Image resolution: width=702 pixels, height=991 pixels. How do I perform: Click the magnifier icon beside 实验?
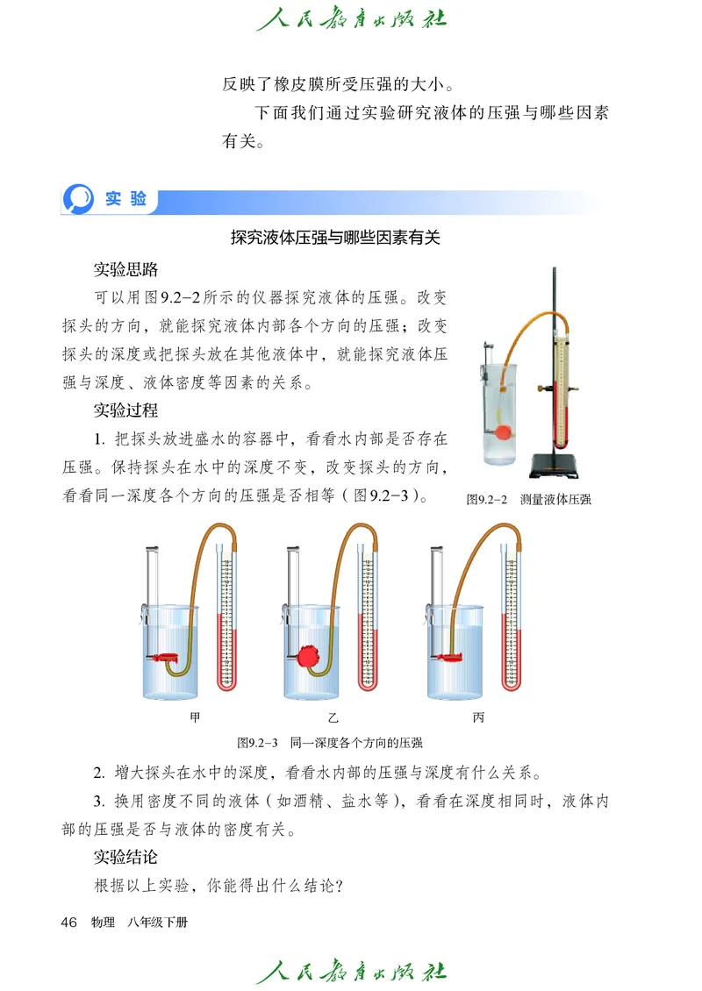(79, 198)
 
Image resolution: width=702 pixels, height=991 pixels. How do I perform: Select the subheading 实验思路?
(125, 269)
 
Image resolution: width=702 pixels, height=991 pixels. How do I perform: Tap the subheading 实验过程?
(125, 410)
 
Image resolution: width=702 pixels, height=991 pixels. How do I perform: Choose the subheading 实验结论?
(125, 857)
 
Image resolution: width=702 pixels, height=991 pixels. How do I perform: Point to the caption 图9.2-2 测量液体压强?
(528, 500)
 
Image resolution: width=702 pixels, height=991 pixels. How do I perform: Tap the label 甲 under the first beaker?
(195, 717)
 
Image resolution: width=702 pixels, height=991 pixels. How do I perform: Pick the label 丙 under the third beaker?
(477, 717)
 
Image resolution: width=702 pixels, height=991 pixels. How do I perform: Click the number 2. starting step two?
(99, 774)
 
